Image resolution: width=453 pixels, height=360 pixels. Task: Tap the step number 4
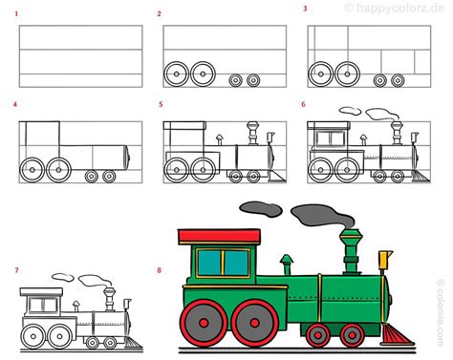tap(16, 104)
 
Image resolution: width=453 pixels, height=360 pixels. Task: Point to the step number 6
tap(303, 104)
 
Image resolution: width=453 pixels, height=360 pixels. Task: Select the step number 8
tap(160, 270)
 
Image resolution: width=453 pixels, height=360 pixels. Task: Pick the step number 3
tap(305, 9)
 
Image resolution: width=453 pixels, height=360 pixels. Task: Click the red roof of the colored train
tap(219, 236)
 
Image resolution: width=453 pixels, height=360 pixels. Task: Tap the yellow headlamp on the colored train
tap(385, 259)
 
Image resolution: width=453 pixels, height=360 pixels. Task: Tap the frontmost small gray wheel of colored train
tap(352, 334)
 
